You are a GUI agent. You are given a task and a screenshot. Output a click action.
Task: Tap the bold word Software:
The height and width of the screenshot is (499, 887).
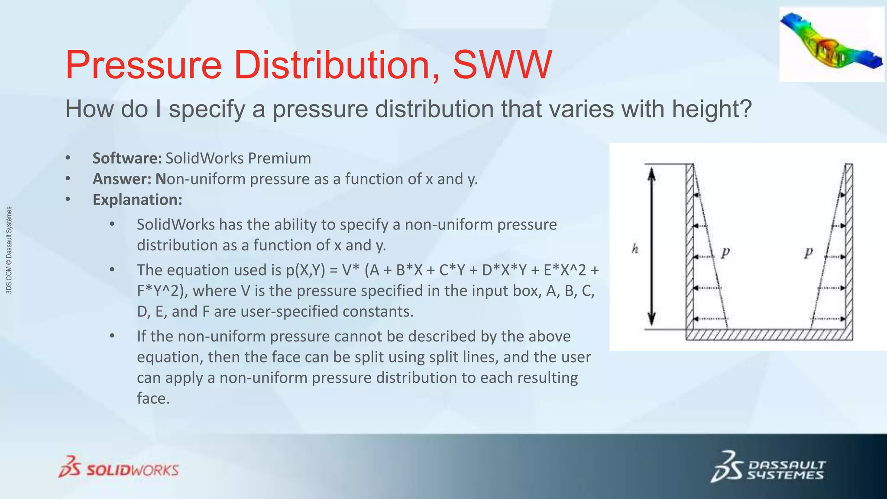127,159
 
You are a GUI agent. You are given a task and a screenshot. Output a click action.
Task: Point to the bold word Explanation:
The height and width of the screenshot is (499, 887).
137,200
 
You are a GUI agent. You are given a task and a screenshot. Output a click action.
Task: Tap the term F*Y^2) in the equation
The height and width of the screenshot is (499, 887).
162,291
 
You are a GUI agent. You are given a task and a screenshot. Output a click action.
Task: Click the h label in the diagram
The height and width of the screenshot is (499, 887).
635,249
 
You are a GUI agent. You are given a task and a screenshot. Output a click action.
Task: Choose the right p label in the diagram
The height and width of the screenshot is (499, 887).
808,252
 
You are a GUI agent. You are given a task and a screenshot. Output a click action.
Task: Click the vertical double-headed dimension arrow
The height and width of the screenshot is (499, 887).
651,247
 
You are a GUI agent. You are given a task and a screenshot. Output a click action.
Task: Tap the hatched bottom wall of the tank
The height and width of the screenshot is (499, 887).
769,335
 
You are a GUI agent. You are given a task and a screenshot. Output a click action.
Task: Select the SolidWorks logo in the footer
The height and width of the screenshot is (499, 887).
119,467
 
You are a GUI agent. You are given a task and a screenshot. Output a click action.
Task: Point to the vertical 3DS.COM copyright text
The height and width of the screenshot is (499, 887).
9,250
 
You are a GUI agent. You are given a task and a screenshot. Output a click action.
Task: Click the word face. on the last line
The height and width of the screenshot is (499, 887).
153,399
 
